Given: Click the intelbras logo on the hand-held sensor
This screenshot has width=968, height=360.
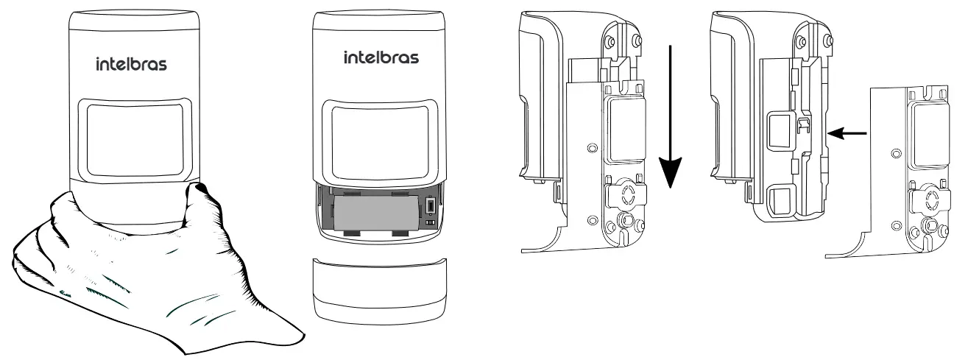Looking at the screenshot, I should pyautogui.click(x=132, y=65).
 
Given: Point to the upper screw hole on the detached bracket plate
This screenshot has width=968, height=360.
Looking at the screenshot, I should pyautogui.click(x=895, y=152).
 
